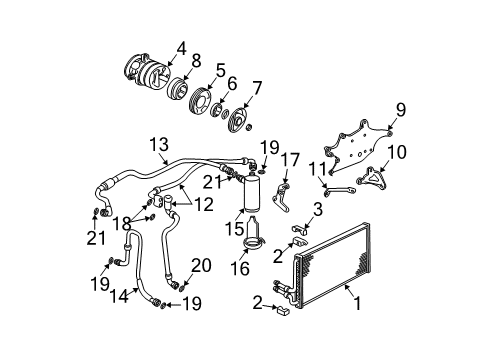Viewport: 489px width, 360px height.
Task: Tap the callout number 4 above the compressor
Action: (x=181, y=46)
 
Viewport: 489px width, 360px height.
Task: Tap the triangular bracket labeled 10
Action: (x=378, y=179)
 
